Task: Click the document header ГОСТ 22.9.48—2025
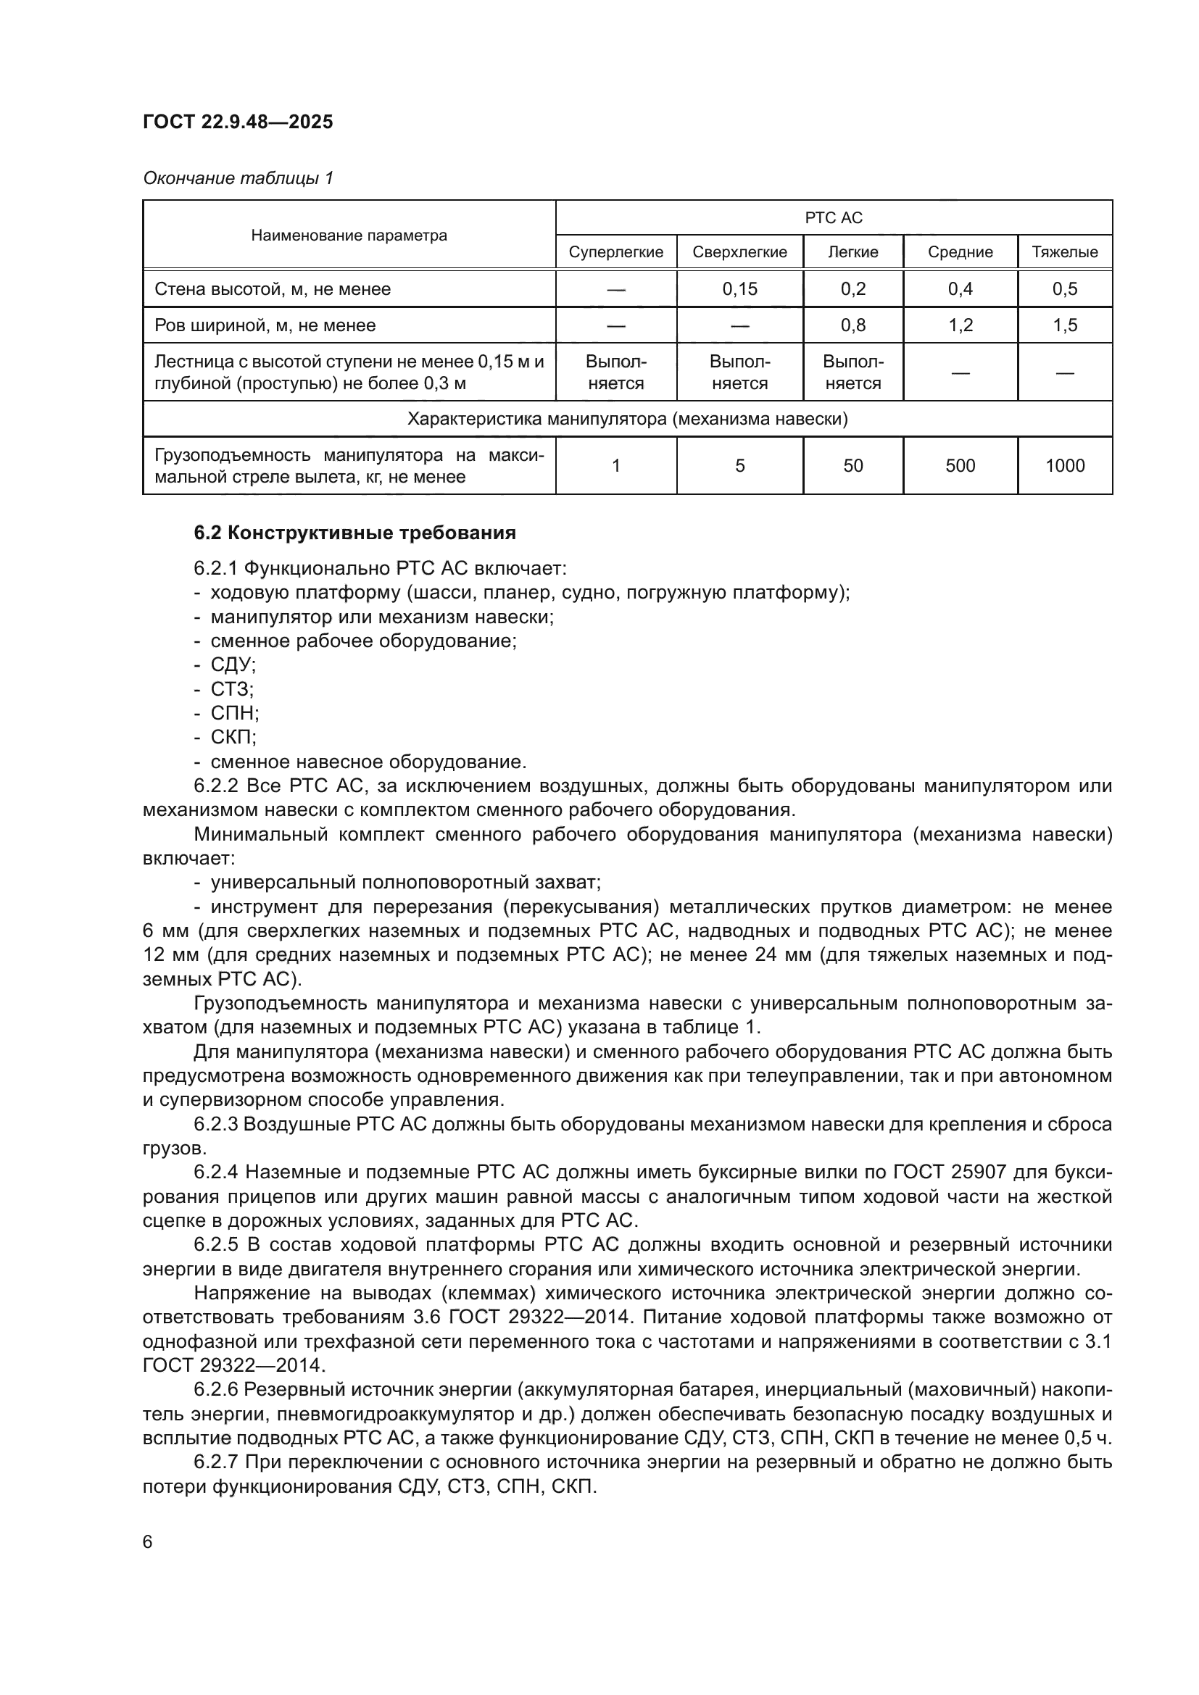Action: click(238, 122)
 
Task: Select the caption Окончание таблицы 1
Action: click(238, 178)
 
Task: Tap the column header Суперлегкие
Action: click(615, 252)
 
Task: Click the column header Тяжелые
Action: click(1065, 252)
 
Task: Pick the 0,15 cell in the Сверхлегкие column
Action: click(740, 289)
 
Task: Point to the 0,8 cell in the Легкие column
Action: click(852, 325)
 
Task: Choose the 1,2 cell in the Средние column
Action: click(960, 325)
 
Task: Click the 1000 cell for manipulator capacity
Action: click(1065, 466)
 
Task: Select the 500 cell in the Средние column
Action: click(960, 466)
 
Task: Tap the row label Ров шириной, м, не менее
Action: click(265, 325)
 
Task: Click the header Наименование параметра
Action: click(349, 236)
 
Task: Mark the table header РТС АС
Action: click(834, 218)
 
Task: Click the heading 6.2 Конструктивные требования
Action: click(354, 533)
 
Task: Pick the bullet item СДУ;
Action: click(233, 665)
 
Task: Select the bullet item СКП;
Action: click(233, 738)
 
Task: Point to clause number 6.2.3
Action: click(216, 1125)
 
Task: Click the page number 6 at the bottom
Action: click(148, 1542)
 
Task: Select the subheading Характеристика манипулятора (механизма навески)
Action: click(628, 420)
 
